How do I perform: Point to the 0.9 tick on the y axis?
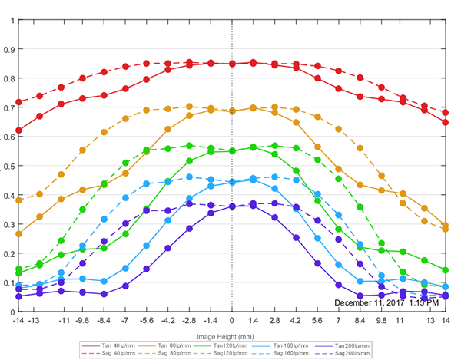[x=9, y=50]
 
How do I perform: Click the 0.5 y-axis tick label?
[x=9, y=167]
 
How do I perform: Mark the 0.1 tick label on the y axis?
[x=9, y=283]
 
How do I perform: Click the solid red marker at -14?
[x=19, y=130]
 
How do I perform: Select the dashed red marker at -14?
[x=19, y=102]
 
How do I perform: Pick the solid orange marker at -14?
[x=19, y=234]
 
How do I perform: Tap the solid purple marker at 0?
[x=232, y=206]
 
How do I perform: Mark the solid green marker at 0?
[x=232, y=151]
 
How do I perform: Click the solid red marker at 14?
[x=446, y=122]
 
